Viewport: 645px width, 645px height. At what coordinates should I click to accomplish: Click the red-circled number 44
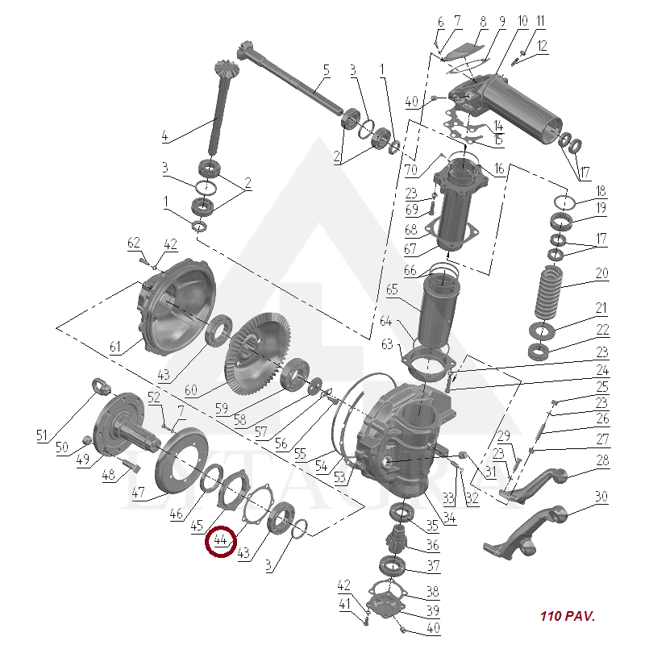(220, 539)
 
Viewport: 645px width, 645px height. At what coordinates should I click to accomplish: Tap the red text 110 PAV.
(568, 616)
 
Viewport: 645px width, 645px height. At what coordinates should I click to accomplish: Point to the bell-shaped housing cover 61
(176, 307)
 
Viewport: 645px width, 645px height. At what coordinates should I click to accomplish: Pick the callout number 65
(392, 289)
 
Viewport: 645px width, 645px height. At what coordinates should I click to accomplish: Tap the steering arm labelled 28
(533, 486)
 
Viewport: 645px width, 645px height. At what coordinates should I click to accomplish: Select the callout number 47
(138, 492)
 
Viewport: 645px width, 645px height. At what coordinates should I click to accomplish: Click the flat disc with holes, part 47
(176, 460)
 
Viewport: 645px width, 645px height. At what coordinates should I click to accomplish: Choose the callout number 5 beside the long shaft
(327, 70)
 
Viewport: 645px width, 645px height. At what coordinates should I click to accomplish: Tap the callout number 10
(522, 21)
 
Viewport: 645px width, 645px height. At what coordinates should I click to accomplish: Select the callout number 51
(42, 435)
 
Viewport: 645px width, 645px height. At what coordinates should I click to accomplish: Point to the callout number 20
(601, 273)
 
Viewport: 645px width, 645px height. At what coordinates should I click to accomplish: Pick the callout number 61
(115, 347)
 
